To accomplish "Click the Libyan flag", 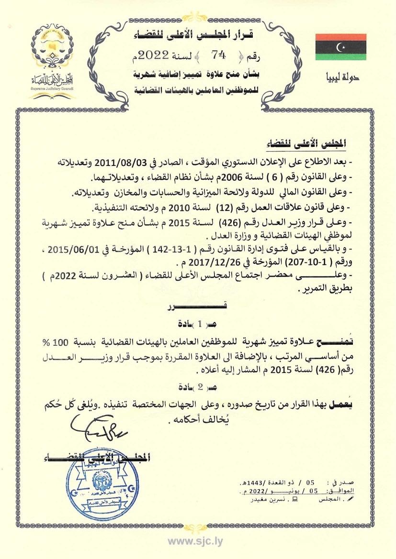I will click(340, 47).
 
